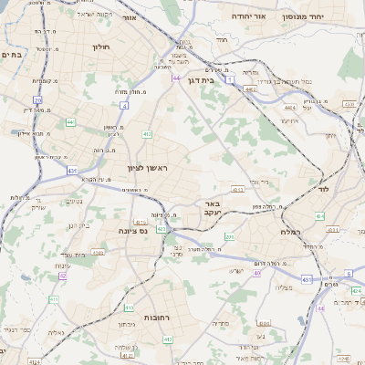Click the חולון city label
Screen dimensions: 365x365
pyautogui.click(x=100, y=46)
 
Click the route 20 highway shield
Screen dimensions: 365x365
pyautogui.click(x=37, y=100)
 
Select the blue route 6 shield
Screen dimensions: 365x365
pyautogui.click(x=348, y=273)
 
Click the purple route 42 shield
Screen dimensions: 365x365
pyautogui.click(x=62, y=275)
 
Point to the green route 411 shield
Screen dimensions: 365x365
pyautogui.click(x=53, y=299)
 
